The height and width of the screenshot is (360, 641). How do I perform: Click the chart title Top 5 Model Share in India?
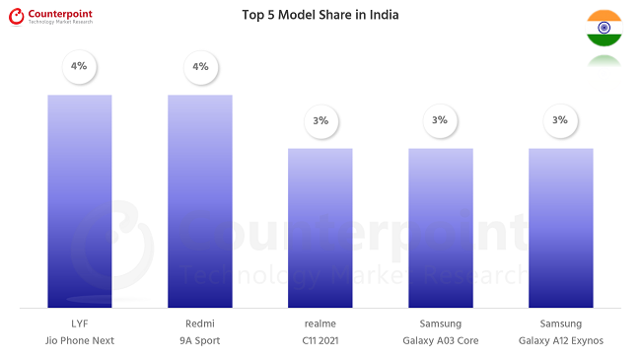point(320,15)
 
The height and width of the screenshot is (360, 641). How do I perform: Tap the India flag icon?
point(604,28)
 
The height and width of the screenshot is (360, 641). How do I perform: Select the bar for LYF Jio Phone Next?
point(80,201)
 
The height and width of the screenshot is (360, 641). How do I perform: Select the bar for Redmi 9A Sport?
point(200,201)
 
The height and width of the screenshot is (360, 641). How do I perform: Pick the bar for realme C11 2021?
point(320,228)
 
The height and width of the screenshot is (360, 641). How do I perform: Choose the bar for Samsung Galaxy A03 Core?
point(441,228)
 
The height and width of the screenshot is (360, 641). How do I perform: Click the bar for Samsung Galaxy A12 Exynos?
point(560,228)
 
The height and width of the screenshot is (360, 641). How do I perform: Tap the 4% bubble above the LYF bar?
point(80,66)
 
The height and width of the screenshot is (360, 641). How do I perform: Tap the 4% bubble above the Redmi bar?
point(200,66)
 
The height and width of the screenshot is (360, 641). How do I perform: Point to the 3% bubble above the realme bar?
point(320,120)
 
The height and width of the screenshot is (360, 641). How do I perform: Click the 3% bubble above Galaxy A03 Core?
point(440,120)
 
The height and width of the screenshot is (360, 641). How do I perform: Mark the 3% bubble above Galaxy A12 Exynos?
point(560,120)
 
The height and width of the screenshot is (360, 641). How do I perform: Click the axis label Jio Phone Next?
point(80,341)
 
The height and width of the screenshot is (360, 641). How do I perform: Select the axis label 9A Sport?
point(200,341)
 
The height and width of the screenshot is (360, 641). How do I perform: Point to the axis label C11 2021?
point(320,341)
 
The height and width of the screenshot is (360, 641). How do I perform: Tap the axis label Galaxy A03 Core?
point(441,341)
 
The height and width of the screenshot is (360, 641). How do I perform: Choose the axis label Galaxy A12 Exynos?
point(560,341)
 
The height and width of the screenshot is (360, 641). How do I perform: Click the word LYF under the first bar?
point(80,324)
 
